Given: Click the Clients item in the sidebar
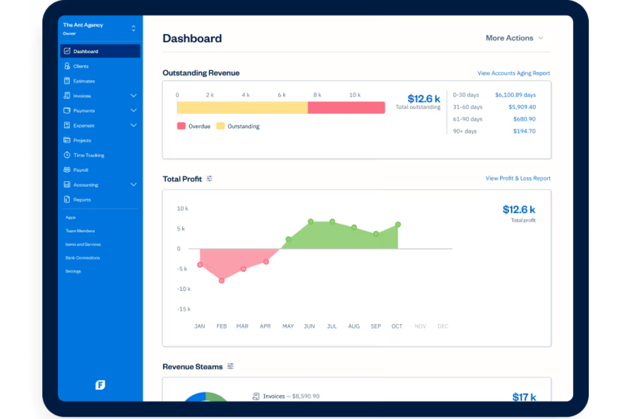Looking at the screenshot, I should tap(80, 66).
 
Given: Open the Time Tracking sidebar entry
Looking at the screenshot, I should tap(88, 155).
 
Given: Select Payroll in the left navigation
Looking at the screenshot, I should tap(80, 170).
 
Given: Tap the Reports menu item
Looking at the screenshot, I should tap(82, 200).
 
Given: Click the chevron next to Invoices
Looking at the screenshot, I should tap(133, 96).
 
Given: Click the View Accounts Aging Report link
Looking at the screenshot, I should tap(513, 73).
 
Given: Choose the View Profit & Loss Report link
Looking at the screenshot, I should tap(518, 178).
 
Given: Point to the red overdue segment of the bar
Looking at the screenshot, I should tap(346, 108).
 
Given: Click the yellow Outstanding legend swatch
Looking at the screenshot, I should tap(220, 126).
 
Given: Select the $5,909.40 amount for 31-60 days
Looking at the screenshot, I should tap(522, 107).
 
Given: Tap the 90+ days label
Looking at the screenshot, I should tap(465, 132).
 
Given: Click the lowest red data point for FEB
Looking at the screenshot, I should tap(221, 281).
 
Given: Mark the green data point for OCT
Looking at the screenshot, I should tap(398, 225).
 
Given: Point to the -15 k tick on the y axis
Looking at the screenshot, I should tap(184, 309).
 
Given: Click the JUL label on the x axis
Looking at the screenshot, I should tap(332, 326).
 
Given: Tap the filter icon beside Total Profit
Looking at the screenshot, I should tap(210, 179).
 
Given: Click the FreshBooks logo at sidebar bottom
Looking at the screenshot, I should tap(100, 385).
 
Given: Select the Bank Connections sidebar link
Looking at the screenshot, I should tap(82, 258).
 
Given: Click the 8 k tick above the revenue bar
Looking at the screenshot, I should tap(317, 95).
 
